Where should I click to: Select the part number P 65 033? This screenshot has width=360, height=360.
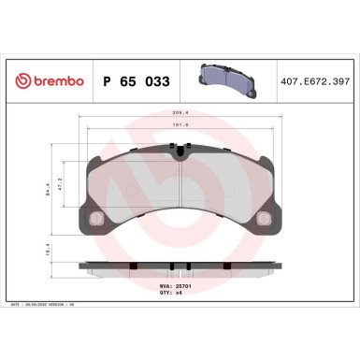pos(135,81)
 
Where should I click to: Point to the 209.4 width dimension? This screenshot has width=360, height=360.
pos(180,116)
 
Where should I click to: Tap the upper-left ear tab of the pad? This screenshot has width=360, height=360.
pos(90,157)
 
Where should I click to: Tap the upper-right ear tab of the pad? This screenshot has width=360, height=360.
pos(271,157)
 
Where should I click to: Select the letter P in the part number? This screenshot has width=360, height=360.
pos(105,81)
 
